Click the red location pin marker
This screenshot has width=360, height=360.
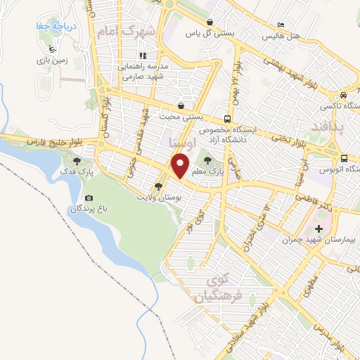[x=181, y=167]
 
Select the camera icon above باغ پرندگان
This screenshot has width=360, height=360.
[x=89, y=198]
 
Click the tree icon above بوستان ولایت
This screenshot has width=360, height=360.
[x=158, y=187]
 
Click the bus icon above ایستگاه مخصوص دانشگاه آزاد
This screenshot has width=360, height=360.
[x=227, y=119]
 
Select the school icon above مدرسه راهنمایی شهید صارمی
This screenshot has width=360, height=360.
[x=142, y=56]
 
